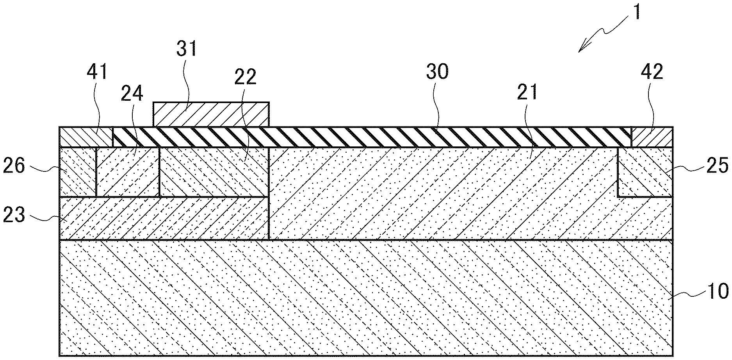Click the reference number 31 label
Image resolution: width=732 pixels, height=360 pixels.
(x=187, y=50)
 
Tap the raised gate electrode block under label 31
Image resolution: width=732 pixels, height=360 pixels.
(x=211, y=114)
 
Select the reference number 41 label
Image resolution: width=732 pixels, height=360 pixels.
(x=97, y=73)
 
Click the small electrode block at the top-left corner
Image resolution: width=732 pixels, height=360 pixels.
(x=86, y=137)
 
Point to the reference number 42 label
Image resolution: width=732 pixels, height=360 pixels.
(x=652, y=72)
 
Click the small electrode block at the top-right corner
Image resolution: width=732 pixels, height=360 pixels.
(x=652, y=137)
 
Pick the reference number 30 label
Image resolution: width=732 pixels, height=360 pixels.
(x=437, y=72)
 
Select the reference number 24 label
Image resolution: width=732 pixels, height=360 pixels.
(x=132, y=94)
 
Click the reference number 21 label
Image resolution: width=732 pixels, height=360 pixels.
(x=527, y=93)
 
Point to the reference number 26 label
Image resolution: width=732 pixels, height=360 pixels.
(x=14, y=166)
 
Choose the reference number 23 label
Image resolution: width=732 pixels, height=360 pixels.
(x=14, y=215)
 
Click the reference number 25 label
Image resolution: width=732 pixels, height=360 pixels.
(x=718, y=166)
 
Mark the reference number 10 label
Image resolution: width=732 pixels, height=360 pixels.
(x=718, y=291)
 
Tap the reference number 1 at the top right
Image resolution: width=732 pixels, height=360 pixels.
(x=637, y=12)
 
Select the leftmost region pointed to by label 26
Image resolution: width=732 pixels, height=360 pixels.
(x=77, y=172)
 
